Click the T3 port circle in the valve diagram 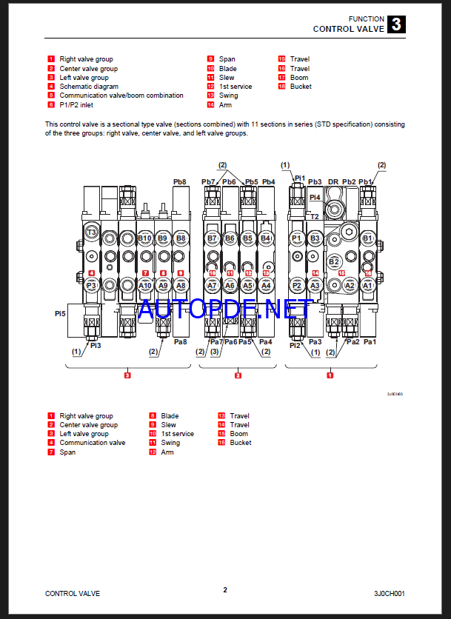tap(92, 232)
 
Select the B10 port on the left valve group tap(144, 238)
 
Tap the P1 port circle tap(297, 238)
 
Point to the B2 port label tap(333, 261)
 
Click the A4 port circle tap(267, 285)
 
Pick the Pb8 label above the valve tap(180, 181)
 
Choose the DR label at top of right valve tap(333, 181)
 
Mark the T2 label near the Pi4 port tap(315, 216)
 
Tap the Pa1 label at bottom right tap(370, 341)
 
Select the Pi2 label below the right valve tap(295, 345)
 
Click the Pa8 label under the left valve tap(180, 341)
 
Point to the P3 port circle tap(92, 285)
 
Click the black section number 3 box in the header tap(396, 24)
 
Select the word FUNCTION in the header tap(367, 19)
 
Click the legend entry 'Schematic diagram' tap(88, 87)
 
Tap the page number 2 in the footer tap(225, 590)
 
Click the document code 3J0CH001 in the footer tap(390, 593)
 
